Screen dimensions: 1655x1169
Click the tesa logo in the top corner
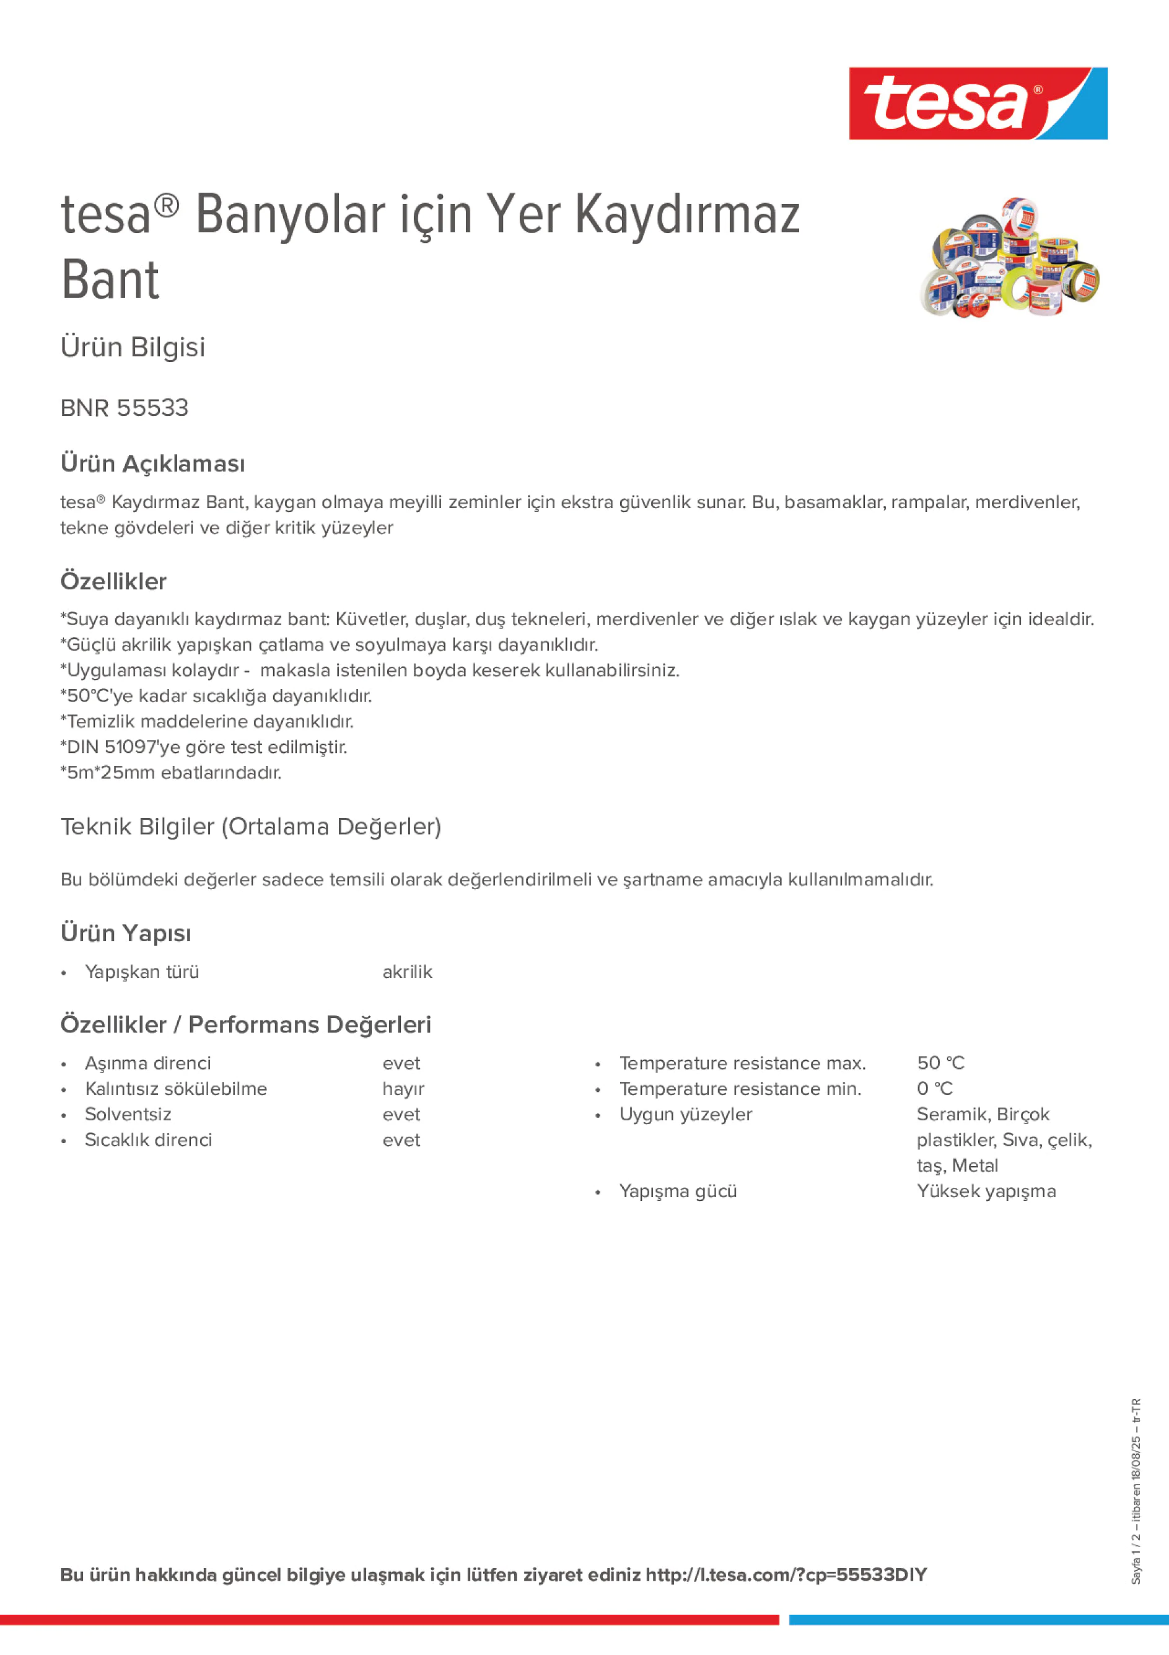pyautogui.click(x=978, y=103)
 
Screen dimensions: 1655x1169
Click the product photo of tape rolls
pyautogui.click(x=1009, y=257)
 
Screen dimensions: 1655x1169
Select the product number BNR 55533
pyautogui.click(x=124, y=408)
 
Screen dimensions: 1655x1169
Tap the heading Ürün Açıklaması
pyautogui.click(x=152, y=463)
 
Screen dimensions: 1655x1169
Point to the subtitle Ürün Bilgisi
pyautogui.click(x=133, y=347)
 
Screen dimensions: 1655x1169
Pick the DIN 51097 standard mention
pyautogui.click(x=203, y=747)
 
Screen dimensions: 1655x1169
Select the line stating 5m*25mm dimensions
pyautogui.click(x=171, y=773)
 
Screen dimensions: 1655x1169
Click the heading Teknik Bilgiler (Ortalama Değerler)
pyautogui.click(x=251, y=826)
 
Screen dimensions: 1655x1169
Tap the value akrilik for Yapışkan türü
pyautogui.click(x=407, y=972)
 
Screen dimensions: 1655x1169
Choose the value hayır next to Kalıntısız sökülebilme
pyautogui.click(x=403, y=1089)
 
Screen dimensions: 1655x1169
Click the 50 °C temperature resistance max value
pyautogui.click(x=940, y=1063)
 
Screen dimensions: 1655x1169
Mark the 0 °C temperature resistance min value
pyautogui.click(x=934, y=1089)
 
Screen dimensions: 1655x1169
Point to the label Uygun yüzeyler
pyautogui.click(x=685, y=1115)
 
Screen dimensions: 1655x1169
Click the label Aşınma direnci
pyautogui.click(x=147, y=1063)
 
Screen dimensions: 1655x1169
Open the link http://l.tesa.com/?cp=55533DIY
pyautogui.click(x=786, y=1574)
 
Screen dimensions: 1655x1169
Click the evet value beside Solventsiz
pyautogui.click(x=401, y=1115)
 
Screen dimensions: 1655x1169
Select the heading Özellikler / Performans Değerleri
pyautogui.click(x=246, y=1024)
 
